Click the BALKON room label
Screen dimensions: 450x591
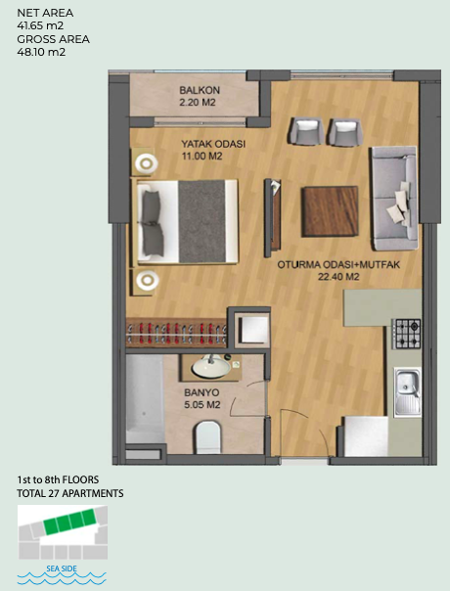[200, 90]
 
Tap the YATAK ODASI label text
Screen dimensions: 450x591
[213, 144]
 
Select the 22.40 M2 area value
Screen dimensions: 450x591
[338, 277]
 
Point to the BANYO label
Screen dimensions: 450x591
[202, 392]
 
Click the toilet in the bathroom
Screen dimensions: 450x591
[207, 437]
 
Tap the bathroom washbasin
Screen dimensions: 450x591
[210, 367]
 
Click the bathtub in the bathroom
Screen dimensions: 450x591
[145, 399]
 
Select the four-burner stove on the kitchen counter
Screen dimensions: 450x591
[406, 334]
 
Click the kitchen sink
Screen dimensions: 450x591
[407, 392]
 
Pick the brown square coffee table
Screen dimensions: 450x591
[330, 211]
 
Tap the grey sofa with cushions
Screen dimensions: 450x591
[394, 199]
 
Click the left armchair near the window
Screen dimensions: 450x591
[305, 131]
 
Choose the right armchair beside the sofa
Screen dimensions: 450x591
[346, 132]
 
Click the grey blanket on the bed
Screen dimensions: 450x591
[202, 221]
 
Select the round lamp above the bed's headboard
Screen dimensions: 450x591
[146, 163]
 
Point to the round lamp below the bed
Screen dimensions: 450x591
[147, 281]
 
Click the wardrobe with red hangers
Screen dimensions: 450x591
[176, 333]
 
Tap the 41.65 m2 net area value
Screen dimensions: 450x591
[40, 26]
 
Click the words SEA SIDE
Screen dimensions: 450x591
[62, 568]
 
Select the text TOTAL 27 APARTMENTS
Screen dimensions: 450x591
[70, 493]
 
